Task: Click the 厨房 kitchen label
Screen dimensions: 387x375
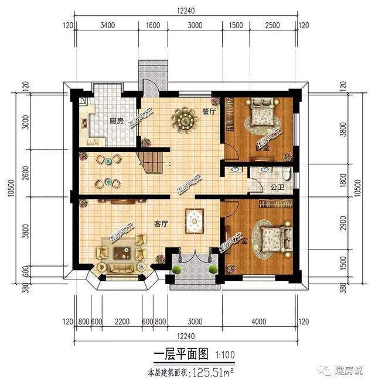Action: (116, 121)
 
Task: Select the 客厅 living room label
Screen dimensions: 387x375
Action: (162, 223)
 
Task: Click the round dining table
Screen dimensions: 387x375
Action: (185, 120)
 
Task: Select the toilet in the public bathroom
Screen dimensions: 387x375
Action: (285, 175)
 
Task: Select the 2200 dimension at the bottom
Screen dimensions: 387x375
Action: (122, 321)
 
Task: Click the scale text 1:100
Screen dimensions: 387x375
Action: (226, 354)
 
